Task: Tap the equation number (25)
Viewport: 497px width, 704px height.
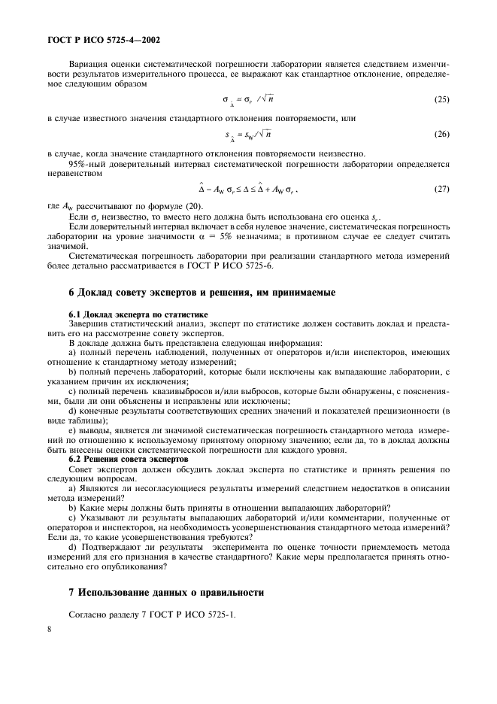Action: point(441,99)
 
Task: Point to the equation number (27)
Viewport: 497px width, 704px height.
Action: point(441,190)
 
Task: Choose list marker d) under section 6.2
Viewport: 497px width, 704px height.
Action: point(72,548)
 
